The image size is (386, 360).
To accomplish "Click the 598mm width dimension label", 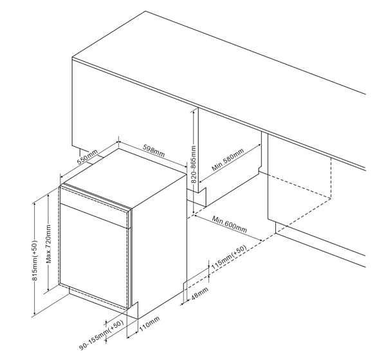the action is [x=154, y=151].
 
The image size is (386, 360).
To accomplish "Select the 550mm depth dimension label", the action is [x=87, y=157].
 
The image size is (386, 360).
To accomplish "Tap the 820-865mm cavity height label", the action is [x=194, y=164].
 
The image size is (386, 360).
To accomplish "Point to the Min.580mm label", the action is [x=228, y=160].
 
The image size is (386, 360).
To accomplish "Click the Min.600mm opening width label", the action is [x=230, y=224].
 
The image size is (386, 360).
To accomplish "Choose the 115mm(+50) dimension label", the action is [x=229, y=257].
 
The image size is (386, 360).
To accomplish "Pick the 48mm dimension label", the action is [x=199, y=293].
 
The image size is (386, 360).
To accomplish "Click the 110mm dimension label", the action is [x=149, y=323].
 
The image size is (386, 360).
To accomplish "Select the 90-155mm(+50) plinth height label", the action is [x=101, y=335].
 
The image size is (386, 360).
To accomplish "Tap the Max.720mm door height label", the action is [x=49, y=243].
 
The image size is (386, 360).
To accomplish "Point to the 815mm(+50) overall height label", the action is [x=35, y=260].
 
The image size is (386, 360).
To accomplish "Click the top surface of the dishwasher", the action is [x=125, y=177].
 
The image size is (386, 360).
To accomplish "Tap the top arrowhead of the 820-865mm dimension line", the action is [x=194, y=111].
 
